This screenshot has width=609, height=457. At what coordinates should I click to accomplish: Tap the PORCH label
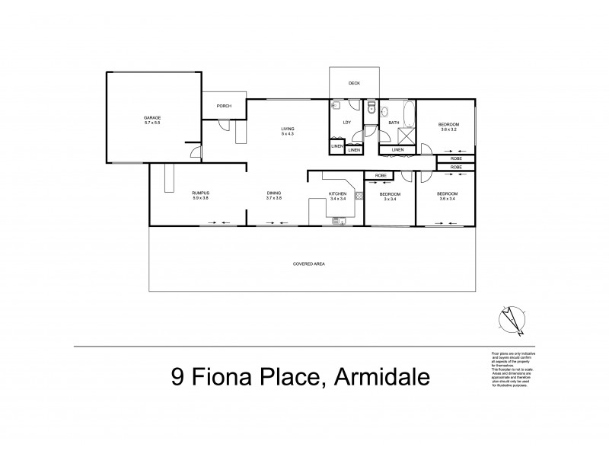click(x=224, y=106)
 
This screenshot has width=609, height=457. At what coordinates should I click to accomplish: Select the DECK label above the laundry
click(x=354, y=83)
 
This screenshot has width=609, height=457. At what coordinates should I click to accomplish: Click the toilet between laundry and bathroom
click(x=370, y=107)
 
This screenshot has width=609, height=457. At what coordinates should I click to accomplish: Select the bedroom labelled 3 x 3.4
click(x=390, y=196)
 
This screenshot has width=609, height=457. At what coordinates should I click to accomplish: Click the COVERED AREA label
click(x=309, y=263)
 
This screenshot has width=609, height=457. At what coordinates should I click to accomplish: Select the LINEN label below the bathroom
click(x=397, y=150)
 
